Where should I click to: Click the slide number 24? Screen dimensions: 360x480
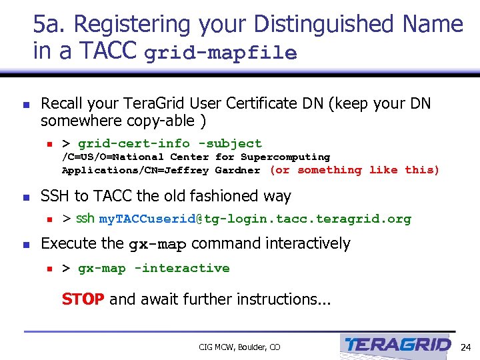tap(465, 347)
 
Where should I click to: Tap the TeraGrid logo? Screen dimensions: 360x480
tap(398, 345)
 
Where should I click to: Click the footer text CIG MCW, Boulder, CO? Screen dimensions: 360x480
tap(239, 347)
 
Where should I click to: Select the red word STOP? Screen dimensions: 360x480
tap(83, 299)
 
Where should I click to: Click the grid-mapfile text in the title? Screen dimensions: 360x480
tap(220, 53)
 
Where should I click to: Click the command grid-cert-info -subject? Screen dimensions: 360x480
tap(170, 143)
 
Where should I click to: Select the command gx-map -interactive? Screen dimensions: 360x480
tap(154, 268)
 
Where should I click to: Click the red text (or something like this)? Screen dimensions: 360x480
tap(355, 170)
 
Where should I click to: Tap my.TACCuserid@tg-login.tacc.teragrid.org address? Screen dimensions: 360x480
tap(255, 219)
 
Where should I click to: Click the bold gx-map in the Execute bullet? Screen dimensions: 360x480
tap(157, 245)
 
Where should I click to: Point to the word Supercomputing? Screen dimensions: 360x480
tap(285, 157)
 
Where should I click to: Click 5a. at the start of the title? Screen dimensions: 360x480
tap(51, 25)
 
